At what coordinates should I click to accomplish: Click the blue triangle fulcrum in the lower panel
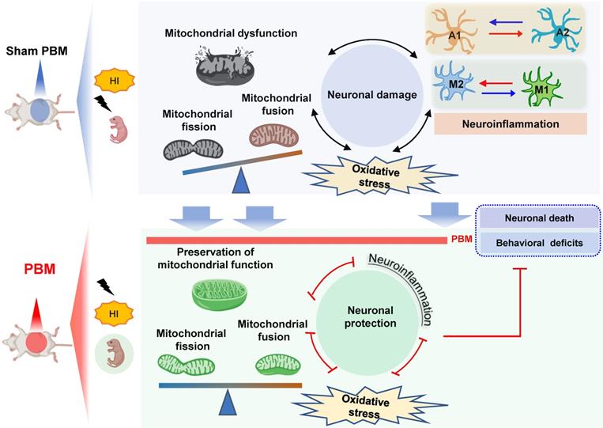tap(228, 401)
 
